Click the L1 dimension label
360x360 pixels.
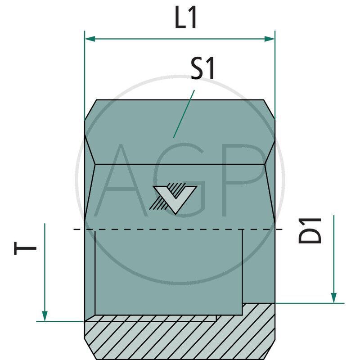[x=186, y=19]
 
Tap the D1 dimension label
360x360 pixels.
[x=311, y=230]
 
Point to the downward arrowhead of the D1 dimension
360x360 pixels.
[x=333, y=298]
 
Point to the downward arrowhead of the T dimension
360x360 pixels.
[x=45, y=316]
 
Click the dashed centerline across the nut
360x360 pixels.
[x=180, y=230]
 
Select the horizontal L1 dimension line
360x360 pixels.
[x=180, y=39]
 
